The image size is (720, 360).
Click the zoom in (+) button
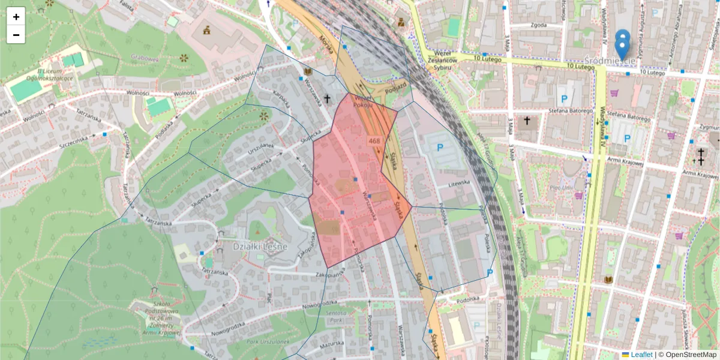point(16,17)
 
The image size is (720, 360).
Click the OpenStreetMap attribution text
point(687,355)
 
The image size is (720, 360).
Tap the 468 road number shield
point(375,141)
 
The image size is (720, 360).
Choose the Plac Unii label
point(563,187)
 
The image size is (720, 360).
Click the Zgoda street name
point(538,25)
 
